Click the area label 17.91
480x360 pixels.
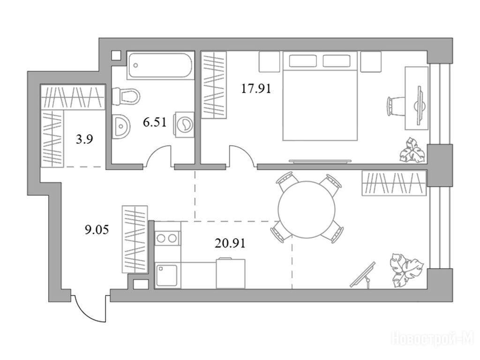[x=256, y=89]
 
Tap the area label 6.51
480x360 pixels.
[x=155, y=122]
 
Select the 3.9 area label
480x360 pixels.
[x=84, y=140]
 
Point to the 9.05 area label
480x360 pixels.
[x=97, y=229]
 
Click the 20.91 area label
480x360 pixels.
[x=230, y=243]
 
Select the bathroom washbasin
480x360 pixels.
[x=121, y=126]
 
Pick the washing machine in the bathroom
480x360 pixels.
[x=184, y=124]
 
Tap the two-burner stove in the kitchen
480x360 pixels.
[x=167, y=238]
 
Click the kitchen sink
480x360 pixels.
[x=167, y=276]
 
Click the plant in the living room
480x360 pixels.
[x=406, y=270]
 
